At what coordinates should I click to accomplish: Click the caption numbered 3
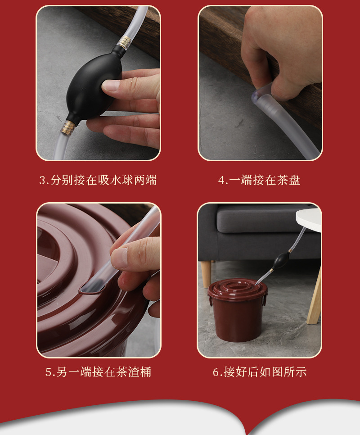(x=98, y=181)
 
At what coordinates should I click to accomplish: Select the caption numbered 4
(x=259, y=181)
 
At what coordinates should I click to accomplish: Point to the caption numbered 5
(x=98, y=372)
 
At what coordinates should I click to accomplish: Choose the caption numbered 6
(x=260, y=372)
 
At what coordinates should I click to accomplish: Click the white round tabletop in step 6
(x=310, y=219)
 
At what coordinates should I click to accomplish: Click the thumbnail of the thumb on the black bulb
(x=110, y=86)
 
